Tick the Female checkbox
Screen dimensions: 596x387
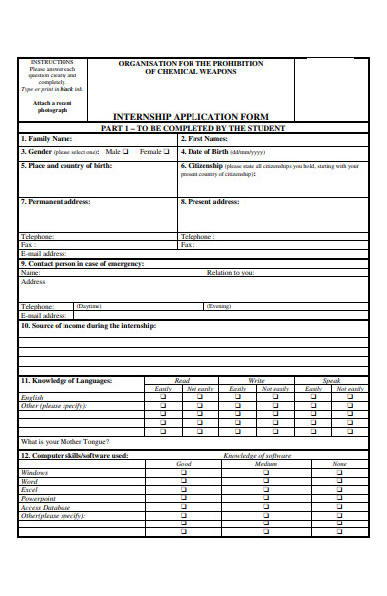[x=166, y=152]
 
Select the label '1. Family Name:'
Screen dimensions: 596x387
[x=47, y=139]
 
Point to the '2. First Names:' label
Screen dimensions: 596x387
[x=205, y=139]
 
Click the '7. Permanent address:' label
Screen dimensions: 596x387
[x=56, y=202]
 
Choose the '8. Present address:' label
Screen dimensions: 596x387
[x=210, y=202]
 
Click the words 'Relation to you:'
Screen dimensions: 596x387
[x=230, y=272]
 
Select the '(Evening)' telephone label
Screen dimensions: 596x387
[x=219, y=307]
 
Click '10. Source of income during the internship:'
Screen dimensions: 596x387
[x=88, y=326]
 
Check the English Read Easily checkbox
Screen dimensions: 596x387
[x=163, y=398]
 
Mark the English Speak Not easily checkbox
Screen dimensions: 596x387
[x=349, y=398]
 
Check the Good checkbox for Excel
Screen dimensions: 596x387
[x=183, y=491]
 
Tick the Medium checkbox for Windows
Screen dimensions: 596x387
[x=265, y=473]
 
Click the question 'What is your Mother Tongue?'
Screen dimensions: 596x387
[x=65, y=441]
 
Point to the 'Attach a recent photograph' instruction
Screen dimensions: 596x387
[x=52, y=106]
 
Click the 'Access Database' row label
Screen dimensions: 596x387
[x=47, y=508]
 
